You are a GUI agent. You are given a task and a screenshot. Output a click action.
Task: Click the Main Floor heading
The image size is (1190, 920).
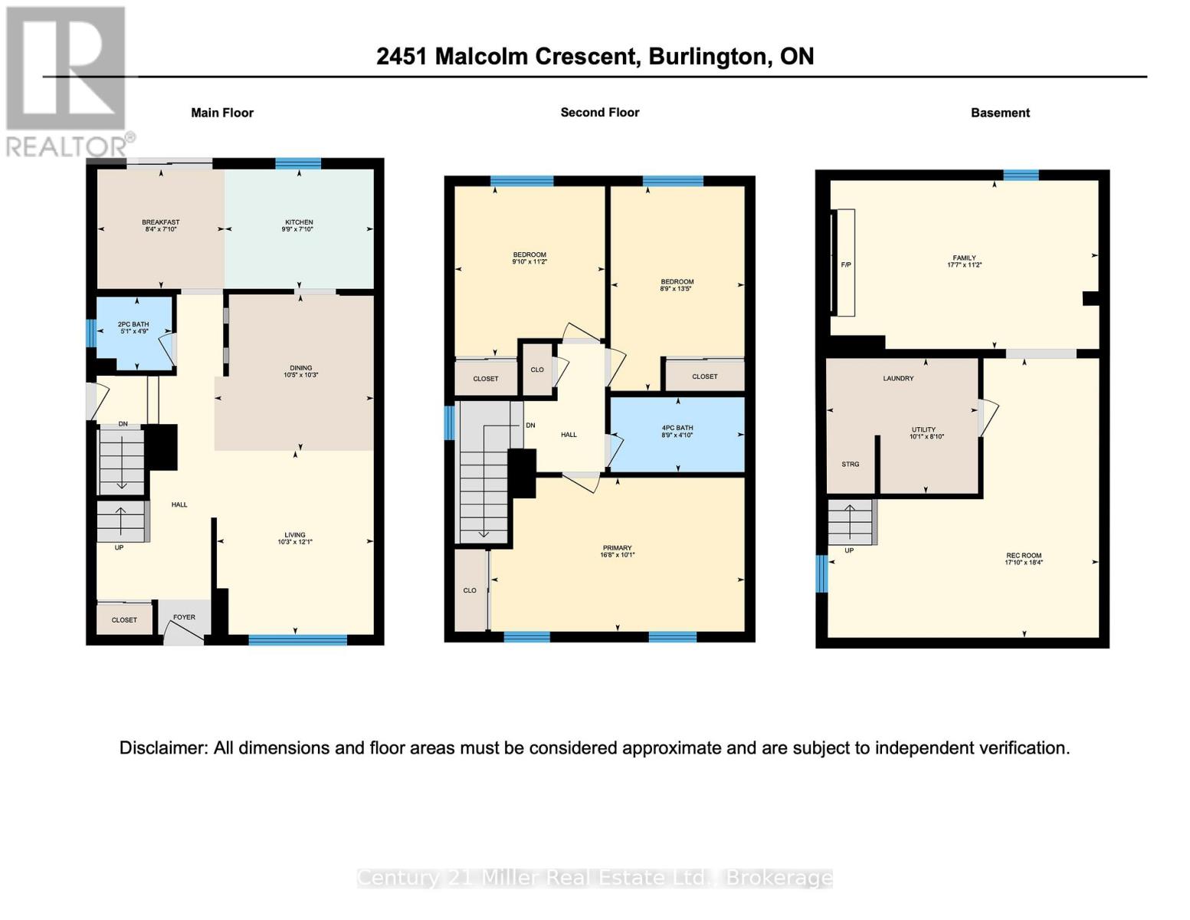tap(222, 113)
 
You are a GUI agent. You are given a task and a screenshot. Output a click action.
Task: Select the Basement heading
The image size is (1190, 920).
tap(1000, 113)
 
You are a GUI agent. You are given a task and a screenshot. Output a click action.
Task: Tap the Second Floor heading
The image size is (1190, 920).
tap(599, 112)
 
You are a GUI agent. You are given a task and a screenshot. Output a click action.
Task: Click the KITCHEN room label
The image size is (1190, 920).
tap(299, 222)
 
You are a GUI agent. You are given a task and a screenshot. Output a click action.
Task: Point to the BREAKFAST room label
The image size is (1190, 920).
tap(160, 222)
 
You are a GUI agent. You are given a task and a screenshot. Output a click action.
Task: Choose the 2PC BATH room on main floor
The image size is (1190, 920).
tap(133, 328)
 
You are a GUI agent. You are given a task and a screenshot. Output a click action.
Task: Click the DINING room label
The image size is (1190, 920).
tap(300, 368)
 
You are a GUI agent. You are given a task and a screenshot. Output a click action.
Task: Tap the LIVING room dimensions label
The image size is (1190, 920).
tap(295, 542)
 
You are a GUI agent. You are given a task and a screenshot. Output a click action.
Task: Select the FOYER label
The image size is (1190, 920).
tap(184, 617)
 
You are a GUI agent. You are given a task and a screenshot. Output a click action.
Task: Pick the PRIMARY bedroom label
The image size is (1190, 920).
tap(617, 548)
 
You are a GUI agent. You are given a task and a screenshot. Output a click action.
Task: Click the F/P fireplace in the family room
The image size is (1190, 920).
tap(846, 264)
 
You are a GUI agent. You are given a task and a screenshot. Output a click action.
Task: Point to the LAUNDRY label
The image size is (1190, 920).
tap(898, 378)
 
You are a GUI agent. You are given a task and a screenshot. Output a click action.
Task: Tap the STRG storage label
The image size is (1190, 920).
tap(850, 464)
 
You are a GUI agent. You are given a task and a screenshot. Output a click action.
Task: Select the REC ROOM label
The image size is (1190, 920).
tap(1024, 556)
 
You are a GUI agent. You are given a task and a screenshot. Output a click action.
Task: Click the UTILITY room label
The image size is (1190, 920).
tap(923, 430)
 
